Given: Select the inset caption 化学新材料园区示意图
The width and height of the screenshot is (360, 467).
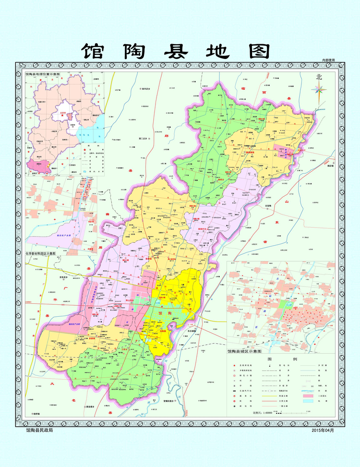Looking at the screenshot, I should click(x=40, y=253).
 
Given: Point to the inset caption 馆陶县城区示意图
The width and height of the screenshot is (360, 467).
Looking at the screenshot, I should click(x=245, y=351).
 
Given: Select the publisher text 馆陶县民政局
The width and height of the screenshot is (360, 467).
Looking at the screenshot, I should click(x=40, y=430).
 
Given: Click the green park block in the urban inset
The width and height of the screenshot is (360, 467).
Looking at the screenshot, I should click(x=288, y=304).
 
